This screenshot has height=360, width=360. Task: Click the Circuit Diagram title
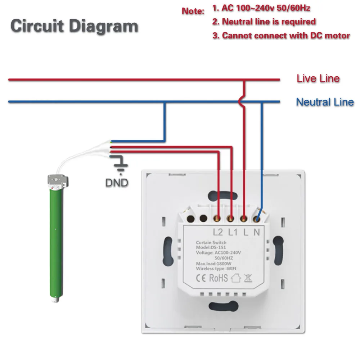click(x=74, y=26)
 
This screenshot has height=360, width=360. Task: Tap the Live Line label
click(x=318, y=78)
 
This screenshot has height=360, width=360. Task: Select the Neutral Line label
click(x=324, y=102)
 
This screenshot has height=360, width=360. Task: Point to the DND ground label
click(x=116, y=183)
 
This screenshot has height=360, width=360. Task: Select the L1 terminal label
click(x=234, y=233)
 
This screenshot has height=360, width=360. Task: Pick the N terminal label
click(x=256, y=233)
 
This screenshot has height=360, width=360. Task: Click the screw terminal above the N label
click(x=257, y=218)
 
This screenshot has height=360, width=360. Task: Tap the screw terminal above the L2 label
click(x=217, y=219)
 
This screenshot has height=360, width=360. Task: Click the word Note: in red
click(x=193, y=11)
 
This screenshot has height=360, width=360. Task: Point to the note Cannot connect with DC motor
click(x=281, y=35)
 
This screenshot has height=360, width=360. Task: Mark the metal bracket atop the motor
click(x=57, y=180)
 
